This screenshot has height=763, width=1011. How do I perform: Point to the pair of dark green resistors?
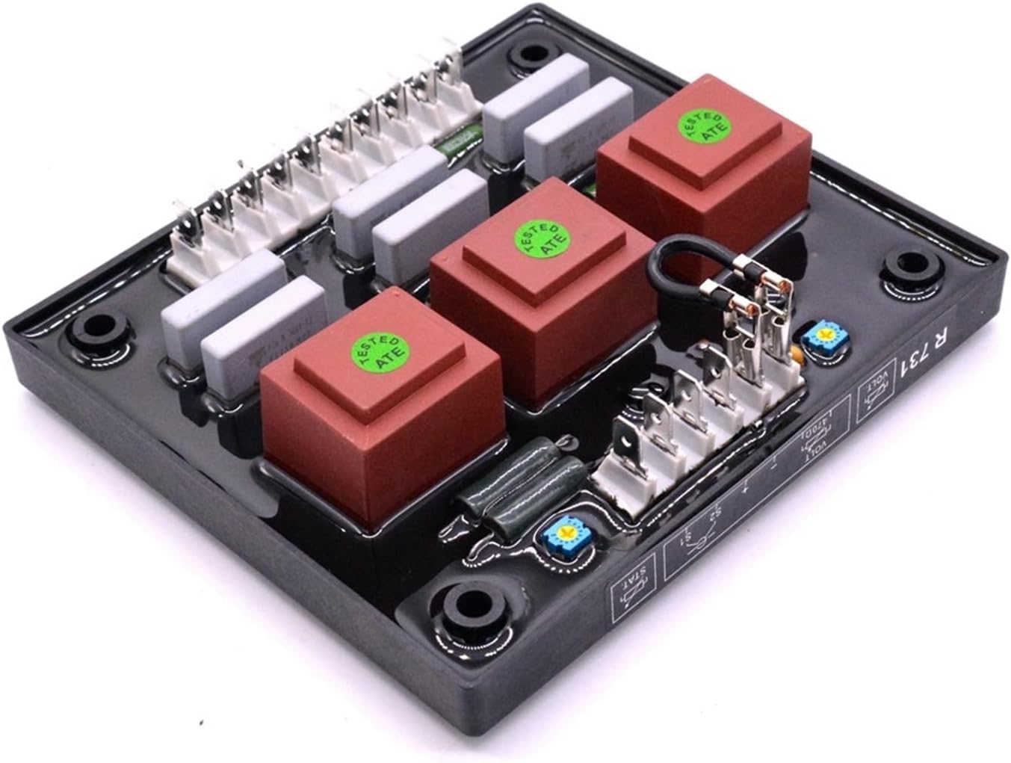click(493, 496)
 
